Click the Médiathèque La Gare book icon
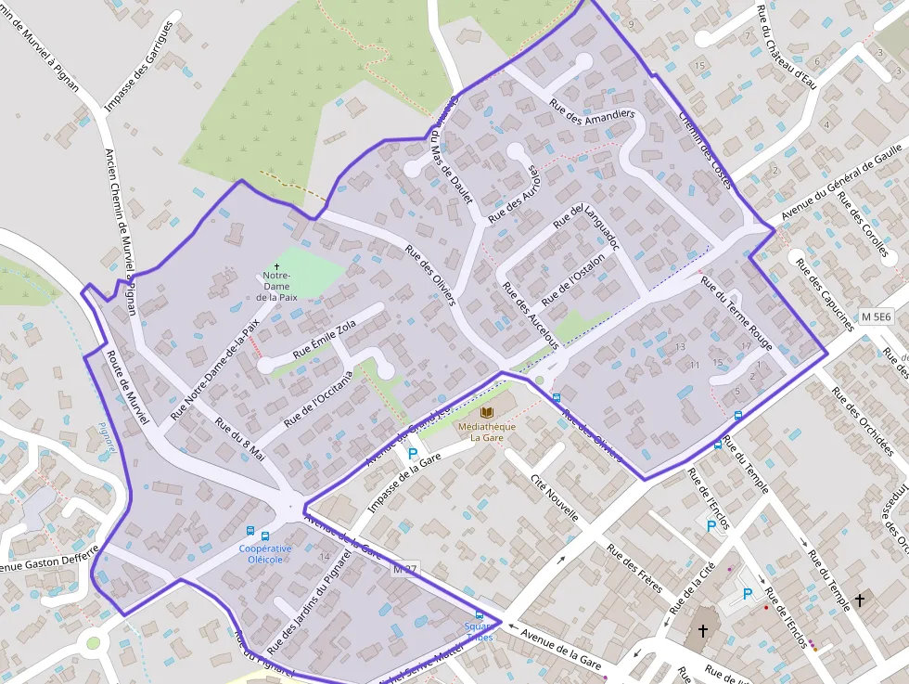coord(487,411)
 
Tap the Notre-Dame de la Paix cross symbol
coord(276,266)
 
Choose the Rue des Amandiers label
coord(592,121)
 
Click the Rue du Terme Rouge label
coord(736,313)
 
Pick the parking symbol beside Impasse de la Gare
coord(412,454)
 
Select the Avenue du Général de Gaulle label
coord(841,182)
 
